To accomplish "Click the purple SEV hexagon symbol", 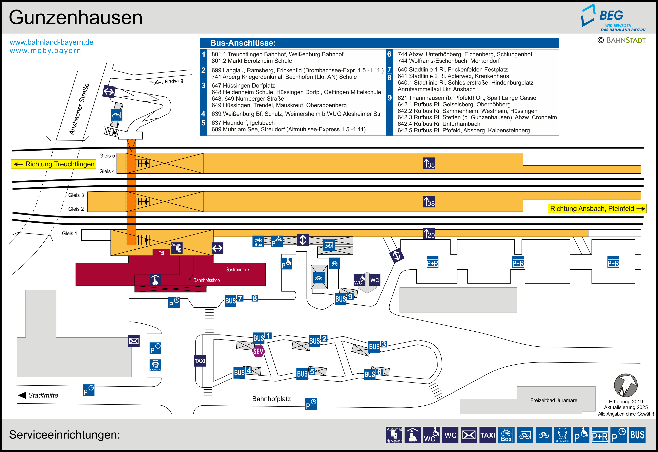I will click(x=258, y=351).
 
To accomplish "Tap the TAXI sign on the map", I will click(x=200, y=361).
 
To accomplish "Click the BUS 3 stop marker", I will click(x=377, y=346).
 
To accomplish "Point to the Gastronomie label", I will click(x=237, y=270).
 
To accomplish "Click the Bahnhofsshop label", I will click(x=206, y=280).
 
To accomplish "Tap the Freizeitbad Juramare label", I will click(x=554, y=400).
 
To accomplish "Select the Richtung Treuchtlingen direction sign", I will click(x=53, y=164).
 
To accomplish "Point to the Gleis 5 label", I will click(x=107, y=156).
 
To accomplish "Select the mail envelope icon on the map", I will click(x=134, y=341).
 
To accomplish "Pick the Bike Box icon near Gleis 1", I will click(x=258, y=241).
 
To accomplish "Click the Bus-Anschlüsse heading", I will click(x=243, y=43).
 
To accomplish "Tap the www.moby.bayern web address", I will click(x=45, y=51).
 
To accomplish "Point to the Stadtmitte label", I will click(x=43, y=395).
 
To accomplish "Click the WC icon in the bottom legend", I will click(x=450, y=435).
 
